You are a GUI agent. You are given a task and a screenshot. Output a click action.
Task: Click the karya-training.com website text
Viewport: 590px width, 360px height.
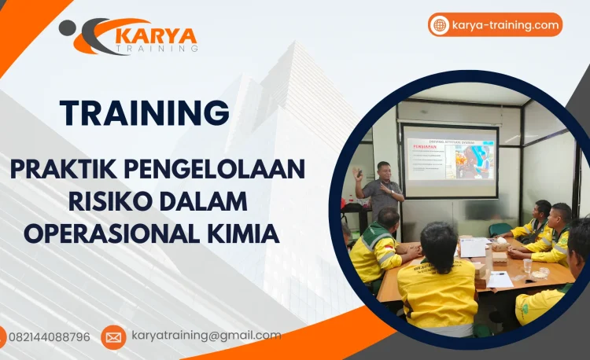click(505, 25)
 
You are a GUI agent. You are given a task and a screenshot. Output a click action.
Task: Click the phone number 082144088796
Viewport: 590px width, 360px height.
click(49, 336)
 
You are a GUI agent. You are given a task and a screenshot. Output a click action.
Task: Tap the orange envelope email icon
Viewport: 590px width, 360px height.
click(113, 337)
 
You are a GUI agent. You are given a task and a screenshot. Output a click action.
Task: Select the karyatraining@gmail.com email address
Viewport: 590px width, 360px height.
click(205, 336)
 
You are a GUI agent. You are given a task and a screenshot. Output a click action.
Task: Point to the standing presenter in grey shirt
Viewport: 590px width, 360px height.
click(383, 193)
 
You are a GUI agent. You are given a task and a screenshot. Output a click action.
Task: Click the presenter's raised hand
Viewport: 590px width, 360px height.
click(359, 171)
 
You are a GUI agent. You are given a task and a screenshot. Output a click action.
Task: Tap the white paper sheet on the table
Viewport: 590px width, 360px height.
click(473, 248)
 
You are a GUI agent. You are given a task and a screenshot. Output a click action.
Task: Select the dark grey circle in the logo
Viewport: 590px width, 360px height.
click(68, 28)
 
